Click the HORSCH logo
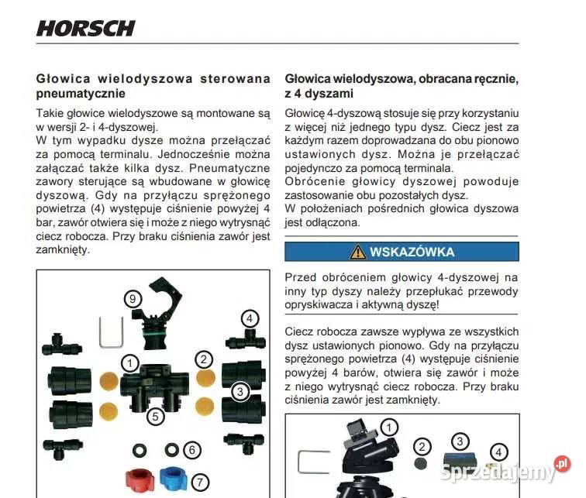(85, 29)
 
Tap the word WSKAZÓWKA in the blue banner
(412, 252)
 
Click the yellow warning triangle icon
(357, 252)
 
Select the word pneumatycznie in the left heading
(81, 94)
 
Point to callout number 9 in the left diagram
(134, 297)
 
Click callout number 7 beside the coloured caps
(200, 482)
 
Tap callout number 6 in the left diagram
(193, 450)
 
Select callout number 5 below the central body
(157, 417)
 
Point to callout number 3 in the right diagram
(460, 441)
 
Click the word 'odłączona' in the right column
(335, 222)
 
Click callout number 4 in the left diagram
(249, 318)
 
